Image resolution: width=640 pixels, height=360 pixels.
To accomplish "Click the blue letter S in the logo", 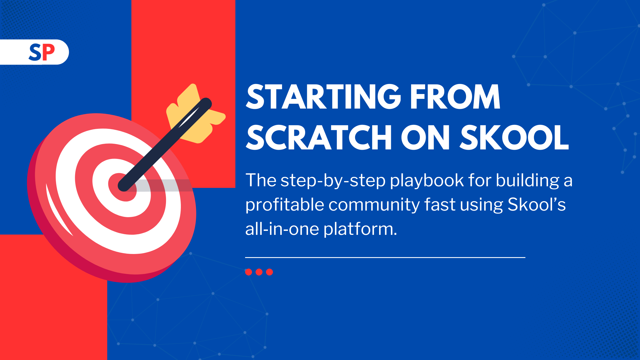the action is point(35,52).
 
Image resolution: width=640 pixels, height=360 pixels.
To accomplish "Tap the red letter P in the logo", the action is point(48,52).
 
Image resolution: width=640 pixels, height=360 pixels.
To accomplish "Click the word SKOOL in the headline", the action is point(514,137).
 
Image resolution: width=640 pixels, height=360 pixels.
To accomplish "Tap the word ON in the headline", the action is point(425,137).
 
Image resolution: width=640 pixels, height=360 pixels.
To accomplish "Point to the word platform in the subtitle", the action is point(360,229).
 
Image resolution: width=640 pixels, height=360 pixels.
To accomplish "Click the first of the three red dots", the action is point(249,272).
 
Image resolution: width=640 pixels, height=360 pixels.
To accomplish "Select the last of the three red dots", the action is point(269,272).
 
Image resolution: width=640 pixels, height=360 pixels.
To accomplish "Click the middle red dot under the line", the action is point(259,272).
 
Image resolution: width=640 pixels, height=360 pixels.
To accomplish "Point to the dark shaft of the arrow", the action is point(165,145).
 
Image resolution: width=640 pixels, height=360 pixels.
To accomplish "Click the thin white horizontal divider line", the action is point(385,257).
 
